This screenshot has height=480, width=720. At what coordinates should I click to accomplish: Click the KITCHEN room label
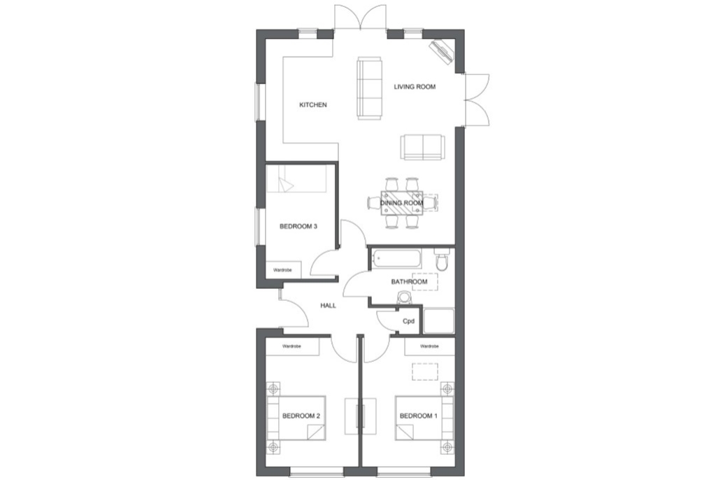point(313,105)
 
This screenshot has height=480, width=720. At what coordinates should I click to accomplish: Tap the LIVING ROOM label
point(415,87)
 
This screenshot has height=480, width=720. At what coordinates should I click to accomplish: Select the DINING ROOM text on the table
point(402,203)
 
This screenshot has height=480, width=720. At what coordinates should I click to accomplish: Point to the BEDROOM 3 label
point(298,226)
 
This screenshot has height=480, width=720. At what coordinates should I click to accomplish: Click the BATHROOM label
point(409,282)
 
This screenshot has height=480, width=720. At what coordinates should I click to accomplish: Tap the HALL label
point(329,305)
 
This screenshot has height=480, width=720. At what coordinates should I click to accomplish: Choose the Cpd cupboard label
point(409,321)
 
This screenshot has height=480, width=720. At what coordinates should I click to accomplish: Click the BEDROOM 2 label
point(301,416)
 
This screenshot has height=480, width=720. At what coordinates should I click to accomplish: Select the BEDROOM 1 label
point(419,416)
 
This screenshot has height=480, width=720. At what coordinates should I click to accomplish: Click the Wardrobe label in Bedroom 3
point(282,270)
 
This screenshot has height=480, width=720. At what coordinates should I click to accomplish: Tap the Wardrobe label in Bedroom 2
point(291,346)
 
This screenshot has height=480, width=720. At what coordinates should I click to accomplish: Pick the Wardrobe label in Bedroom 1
point(429,346)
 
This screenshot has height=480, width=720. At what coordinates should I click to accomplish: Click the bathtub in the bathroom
point(396,259)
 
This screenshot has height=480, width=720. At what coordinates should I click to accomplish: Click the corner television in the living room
point(442,50)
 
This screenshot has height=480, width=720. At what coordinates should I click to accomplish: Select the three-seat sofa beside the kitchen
point(370,88)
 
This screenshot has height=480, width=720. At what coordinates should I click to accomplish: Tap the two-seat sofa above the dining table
point(422,147)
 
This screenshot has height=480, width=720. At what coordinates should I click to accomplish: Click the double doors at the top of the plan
point(360,17)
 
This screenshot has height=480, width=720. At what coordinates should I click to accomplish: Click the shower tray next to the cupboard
point(438,321)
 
